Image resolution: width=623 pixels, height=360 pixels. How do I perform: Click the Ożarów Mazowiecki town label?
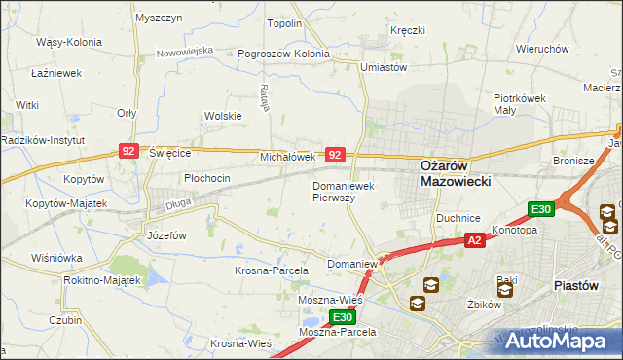(455, 172)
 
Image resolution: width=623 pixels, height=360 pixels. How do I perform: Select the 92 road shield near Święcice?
(129, 151)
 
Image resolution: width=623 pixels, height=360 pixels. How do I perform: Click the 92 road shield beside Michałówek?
(334, 155)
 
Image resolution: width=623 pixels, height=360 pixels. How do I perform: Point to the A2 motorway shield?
(474, 240)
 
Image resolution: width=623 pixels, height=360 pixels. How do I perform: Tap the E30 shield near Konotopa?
(541, 209)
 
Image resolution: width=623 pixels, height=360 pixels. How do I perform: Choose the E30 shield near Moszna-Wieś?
(341, 317)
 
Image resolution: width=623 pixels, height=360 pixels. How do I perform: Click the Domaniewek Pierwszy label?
(346, 191)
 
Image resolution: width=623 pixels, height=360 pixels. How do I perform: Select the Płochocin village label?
(207, 178)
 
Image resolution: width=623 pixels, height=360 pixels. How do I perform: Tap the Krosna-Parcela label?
(272, 270)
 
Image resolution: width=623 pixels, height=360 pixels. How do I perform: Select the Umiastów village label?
(384, 67)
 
